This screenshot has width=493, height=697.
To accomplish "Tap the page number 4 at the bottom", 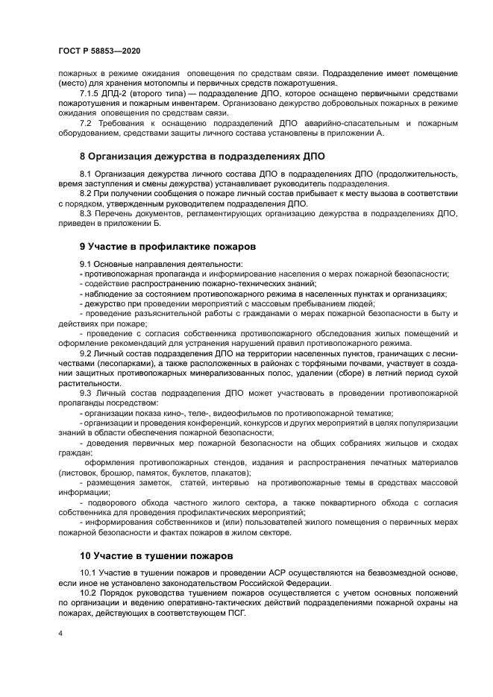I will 60,634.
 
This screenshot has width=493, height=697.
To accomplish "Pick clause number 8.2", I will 87,193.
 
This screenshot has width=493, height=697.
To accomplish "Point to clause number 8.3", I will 87,212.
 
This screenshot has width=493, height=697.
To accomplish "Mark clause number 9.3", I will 87,391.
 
